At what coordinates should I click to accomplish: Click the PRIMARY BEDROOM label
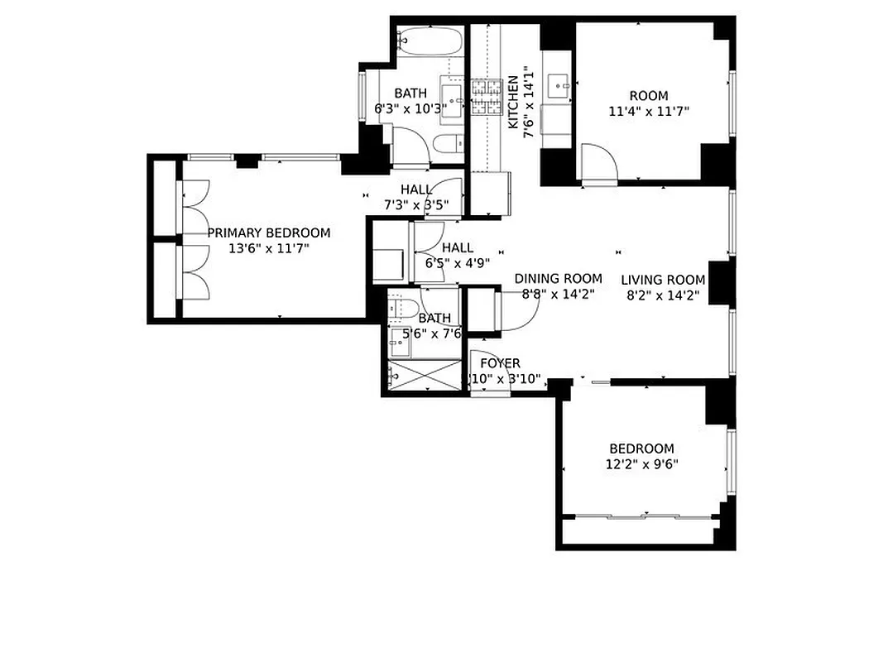pyautogui.click(x=268, y=233)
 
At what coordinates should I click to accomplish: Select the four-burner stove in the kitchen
pyautogui.click(x=487, y=97)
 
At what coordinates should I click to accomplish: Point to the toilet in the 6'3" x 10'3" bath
pyautogui.click(x=448, y=144)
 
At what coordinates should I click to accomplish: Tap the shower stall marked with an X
pyautogui.click(x=423, y=375)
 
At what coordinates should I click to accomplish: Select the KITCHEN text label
pyautogui.click(x=513, y=102)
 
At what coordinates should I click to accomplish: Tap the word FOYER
pyautogui.click(x=500, y=363)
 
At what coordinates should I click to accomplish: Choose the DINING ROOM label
pyautogui.click(x=558, y=279)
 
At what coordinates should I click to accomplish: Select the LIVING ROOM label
pyautogui.click(x=663, y=280)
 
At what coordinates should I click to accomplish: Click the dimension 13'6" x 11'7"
pyautogui.click(x=268, y=247)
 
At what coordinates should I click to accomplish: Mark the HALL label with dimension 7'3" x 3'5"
pyautogui.click(x=416, y=189)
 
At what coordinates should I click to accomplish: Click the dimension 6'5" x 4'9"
pyautogui.click(x=458, y=263)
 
